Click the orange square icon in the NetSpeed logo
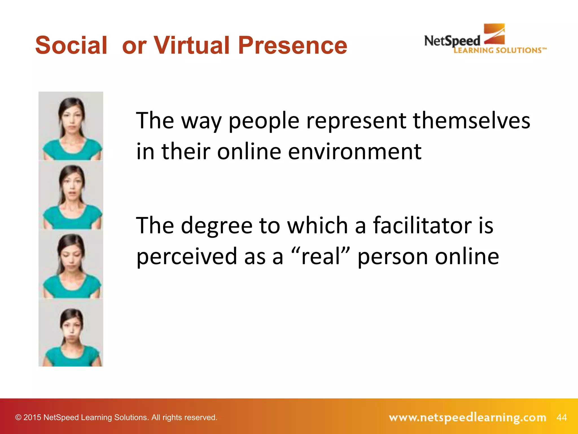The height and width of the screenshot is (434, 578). pos(494,34)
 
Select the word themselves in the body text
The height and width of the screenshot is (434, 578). pos(472,121)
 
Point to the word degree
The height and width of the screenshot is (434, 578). pos(216,226)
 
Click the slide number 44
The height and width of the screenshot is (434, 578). pos(562,417)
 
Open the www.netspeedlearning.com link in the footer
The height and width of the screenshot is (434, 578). pos(467,417)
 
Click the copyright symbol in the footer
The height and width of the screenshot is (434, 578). pos(18,418)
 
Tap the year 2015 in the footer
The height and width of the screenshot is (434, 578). pos(32,418)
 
